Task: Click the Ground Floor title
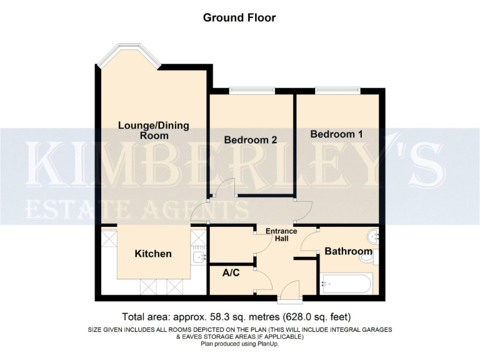point(239,17)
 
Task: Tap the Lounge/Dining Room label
point(154,131)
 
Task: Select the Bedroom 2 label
point(251,140)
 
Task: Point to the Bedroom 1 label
point(336,134)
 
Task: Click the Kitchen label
point(153,254)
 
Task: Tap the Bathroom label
point(348,251)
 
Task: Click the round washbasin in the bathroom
point(373,236)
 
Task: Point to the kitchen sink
point(199,256)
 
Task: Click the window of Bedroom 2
point(251,91)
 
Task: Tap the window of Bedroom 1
point(337,91)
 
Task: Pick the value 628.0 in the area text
point(296,316)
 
